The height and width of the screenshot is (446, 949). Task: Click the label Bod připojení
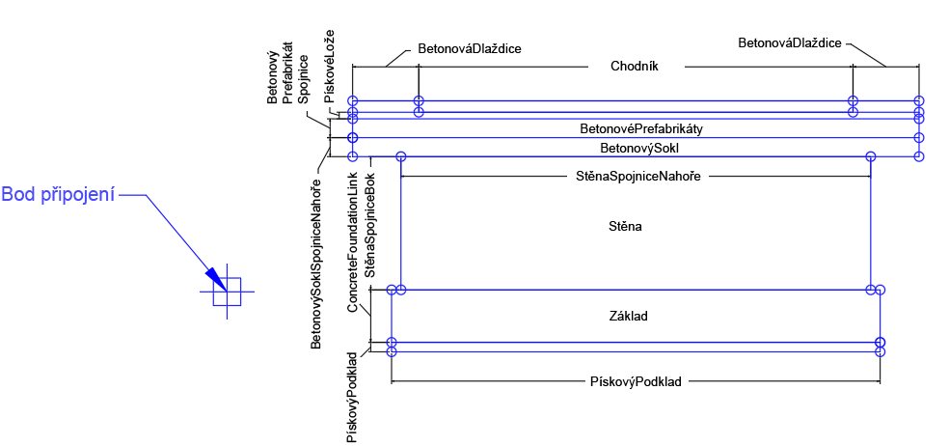(58, 195)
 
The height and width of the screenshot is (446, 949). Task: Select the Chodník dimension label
(634, 67)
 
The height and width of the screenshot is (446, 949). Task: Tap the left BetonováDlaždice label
(470, 46)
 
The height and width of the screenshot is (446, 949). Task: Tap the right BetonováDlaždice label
(790, 43)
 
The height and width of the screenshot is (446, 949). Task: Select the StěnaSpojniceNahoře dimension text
(636, 177)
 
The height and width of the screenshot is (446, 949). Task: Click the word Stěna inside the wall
(626, 228)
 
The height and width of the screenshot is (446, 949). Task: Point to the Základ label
(628, 316)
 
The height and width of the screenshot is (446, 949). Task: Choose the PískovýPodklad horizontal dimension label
(635, 382)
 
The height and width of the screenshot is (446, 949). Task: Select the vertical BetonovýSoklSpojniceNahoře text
(316, 264)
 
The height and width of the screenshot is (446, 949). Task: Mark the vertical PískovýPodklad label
(353, 397)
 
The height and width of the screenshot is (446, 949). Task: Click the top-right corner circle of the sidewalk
(919, 100)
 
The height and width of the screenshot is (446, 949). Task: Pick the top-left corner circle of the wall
(401, 156)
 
